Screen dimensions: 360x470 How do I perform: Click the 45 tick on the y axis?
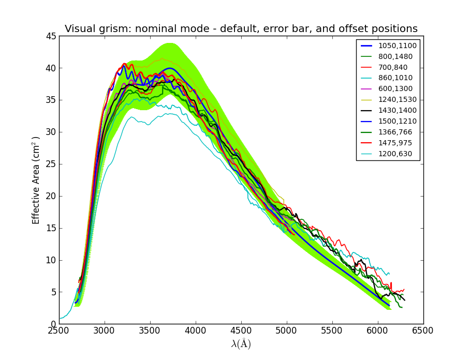point(50,36)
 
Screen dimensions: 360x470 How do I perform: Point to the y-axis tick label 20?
point(50,196)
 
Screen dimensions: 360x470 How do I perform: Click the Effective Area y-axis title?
point(36,180)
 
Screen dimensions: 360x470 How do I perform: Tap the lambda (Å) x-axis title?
point(241,344)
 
